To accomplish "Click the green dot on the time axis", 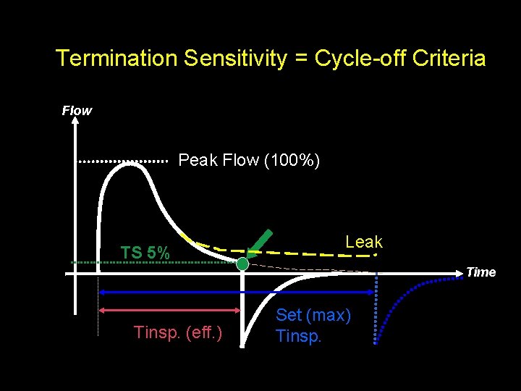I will [242, 264].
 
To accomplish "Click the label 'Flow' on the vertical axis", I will [77, 111].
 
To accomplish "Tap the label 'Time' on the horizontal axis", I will [481, 272].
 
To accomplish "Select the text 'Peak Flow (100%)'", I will [250, 159].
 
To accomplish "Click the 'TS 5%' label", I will [145, 253].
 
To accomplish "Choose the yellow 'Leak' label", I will [363, 242].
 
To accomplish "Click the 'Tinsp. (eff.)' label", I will [178, 332].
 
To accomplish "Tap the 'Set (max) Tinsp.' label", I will [313, 325].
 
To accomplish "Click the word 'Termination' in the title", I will [117, 58].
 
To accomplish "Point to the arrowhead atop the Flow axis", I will [75, 122].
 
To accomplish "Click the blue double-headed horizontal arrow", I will [238, 292].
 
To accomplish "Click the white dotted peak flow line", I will [123, 161].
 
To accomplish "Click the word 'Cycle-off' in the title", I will [356, 58].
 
